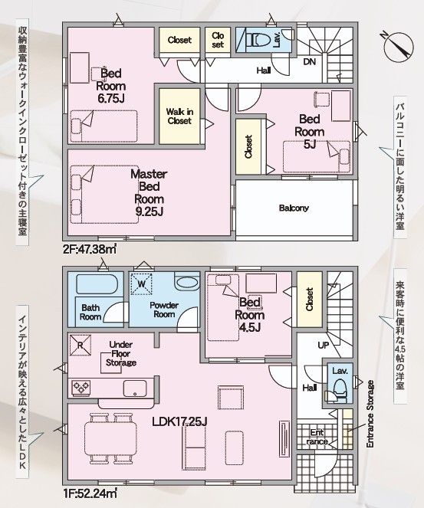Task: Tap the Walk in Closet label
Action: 179,116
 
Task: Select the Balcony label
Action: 294,208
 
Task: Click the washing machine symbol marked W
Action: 141,284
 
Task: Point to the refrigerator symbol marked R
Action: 80,345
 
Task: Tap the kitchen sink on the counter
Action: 135,388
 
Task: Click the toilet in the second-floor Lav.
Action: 258,41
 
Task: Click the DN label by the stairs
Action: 309,61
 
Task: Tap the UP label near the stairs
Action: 324,346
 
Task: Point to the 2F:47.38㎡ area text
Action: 90,250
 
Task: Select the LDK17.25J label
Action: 180,421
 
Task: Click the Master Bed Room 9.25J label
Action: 149,193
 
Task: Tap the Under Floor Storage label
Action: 121,353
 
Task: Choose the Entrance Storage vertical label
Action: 370,415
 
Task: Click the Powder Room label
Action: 164,310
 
